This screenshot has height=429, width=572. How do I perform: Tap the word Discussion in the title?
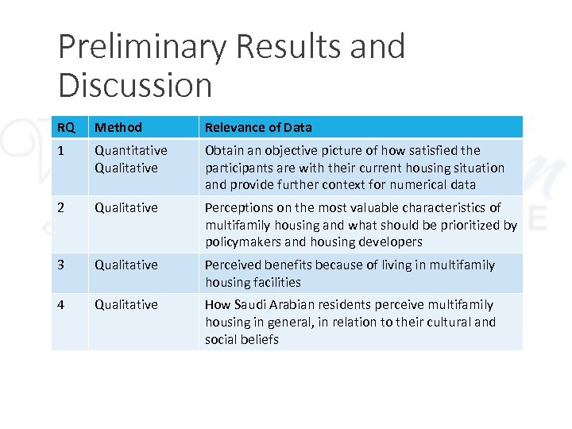(x=135, y=85)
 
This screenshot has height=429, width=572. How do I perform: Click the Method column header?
(x=118, y=127)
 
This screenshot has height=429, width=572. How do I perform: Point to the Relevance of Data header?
(x=258, y=127)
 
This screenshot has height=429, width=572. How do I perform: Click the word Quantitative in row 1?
(x=131, y=150)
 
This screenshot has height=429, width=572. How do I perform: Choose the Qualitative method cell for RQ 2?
(x=126, y=207)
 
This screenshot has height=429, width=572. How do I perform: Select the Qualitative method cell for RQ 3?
(x=126, y=265)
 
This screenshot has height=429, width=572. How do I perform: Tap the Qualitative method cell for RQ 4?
(x=126, y=304)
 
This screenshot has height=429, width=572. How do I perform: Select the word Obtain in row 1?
(x=223, y=150)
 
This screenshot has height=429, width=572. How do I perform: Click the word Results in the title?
(x=275, y=47)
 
